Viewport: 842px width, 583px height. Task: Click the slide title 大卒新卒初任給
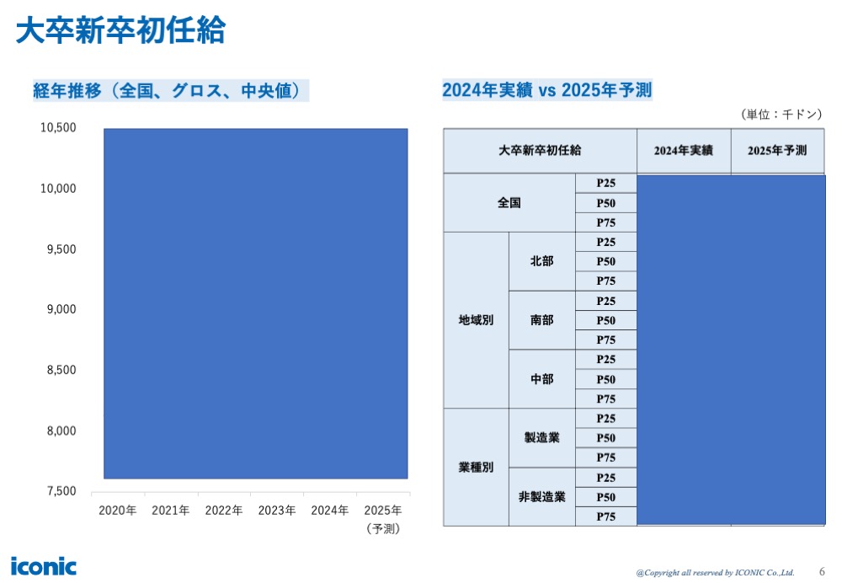[120, 31]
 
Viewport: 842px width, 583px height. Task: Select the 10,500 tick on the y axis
[58, 128]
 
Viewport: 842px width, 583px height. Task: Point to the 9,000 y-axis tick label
[58, 309]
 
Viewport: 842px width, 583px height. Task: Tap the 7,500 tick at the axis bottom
[58, 491]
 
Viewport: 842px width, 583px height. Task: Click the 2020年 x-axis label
[117, 511]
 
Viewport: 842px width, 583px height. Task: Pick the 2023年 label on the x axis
[276, 511]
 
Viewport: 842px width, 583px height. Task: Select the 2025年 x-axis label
[382, 511]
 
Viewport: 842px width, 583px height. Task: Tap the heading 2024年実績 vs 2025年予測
[547, 91]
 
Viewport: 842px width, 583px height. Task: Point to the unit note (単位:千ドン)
[781, 115]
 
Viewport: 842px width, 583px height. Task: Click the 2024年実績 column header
[683, 151]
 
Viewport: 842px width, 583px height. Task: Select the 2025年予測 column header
[776, 151]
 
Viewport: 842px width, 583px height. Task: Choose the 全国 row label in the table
[509, 203]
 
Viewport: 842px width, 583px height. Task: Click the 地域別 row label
[476, 320]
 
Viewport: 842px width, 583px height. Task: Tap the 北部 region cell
[541, 261]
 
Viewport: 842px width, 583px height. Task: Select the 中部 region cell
[541, 379]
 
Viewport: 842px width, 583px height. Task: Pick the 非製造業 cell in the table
[541, 497]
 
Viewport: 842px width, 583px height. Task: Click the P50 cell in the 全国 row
[605, 203]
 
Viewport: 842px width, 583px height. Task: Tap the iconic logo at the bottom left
[43, 565]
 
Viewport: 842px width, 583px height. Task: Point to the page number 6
[822, 570]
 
